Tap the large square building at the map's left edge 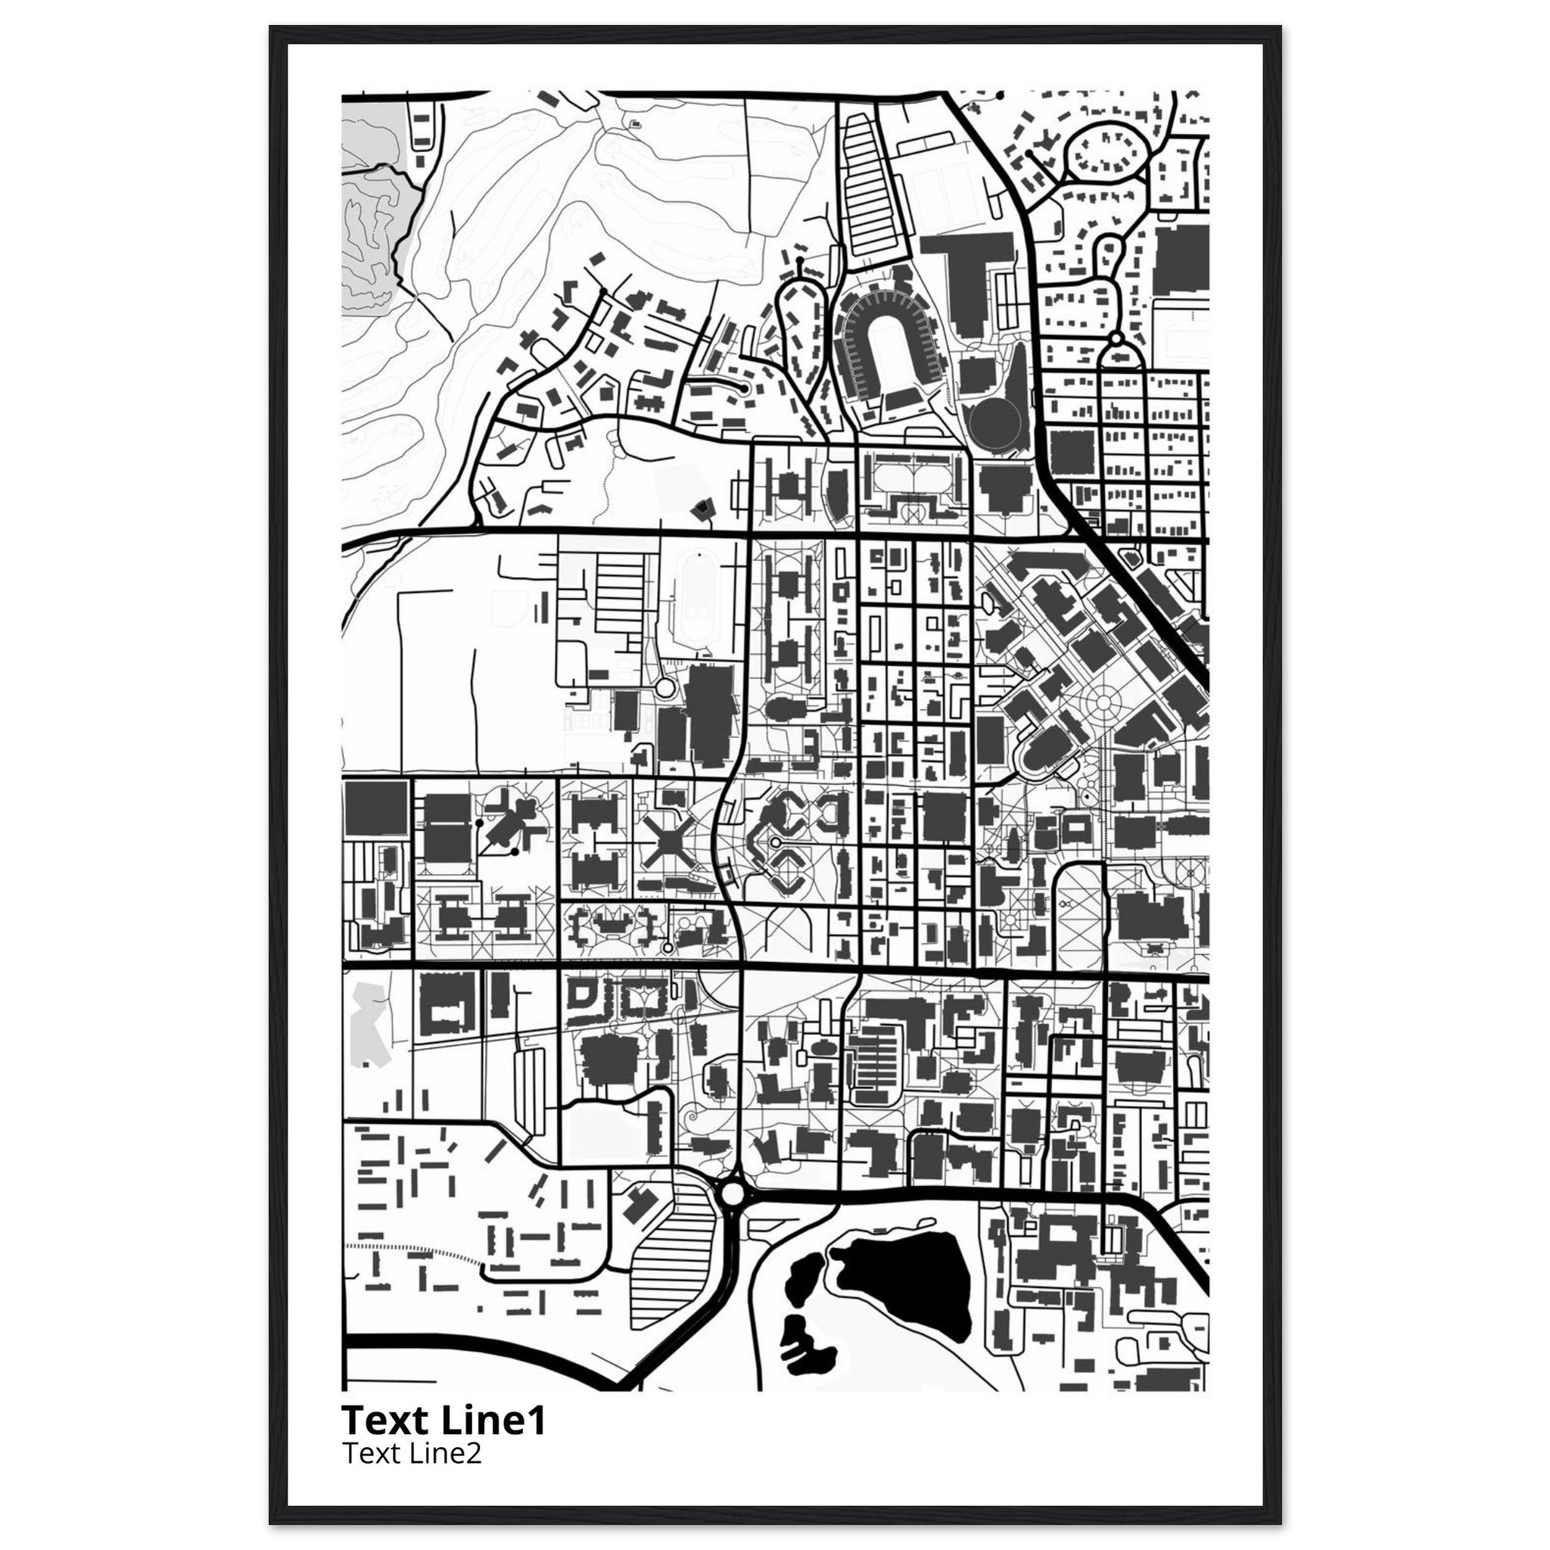click(x=375, y=810)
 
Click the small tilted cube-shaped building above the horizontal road click(x=704, y=506)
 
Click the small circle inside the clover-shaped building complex click(x=777, y=842)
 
